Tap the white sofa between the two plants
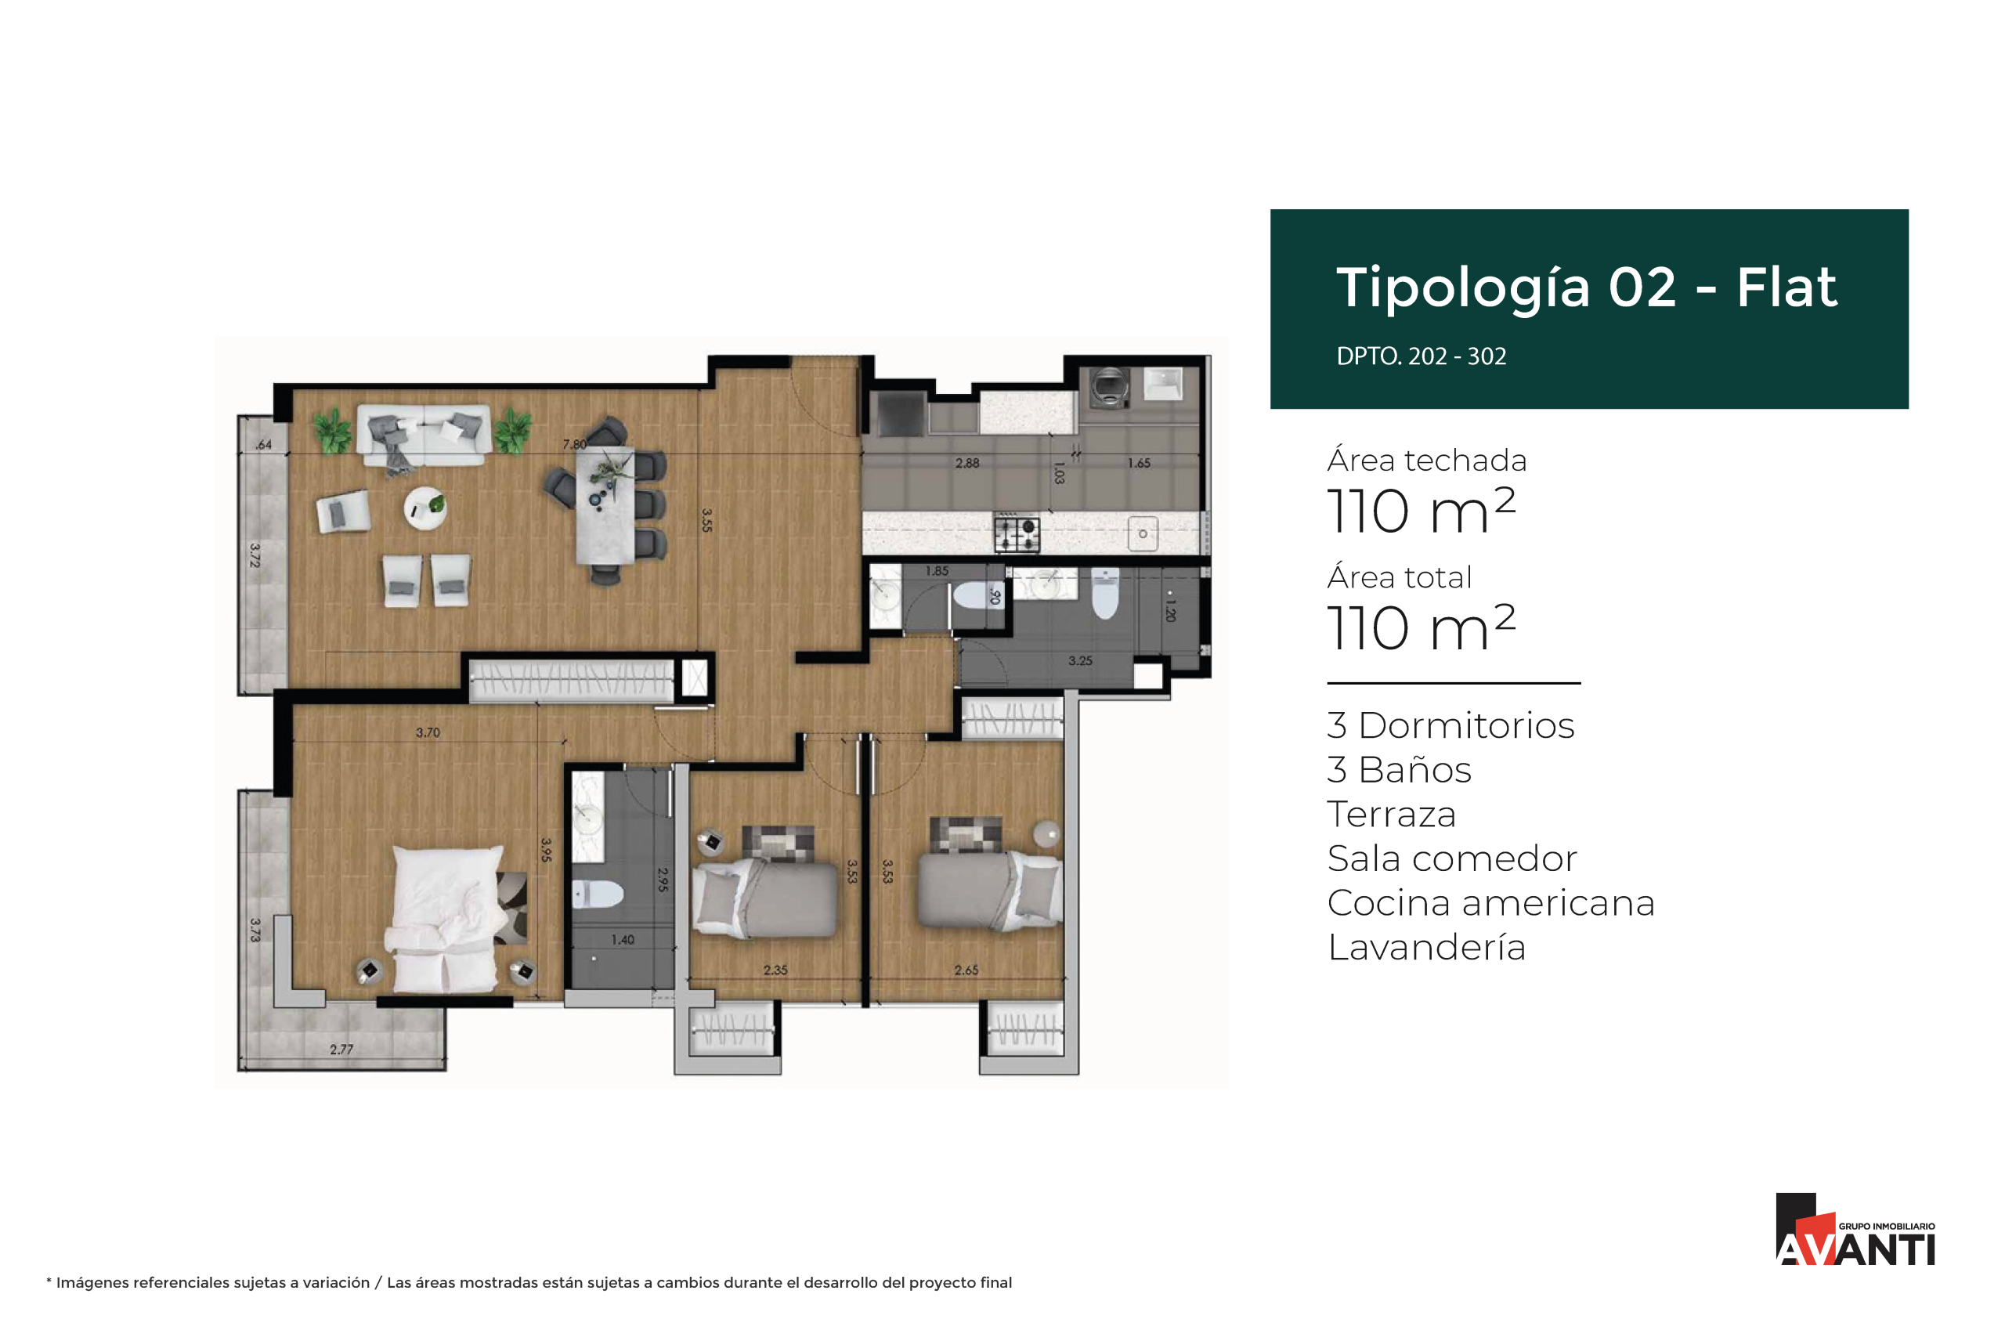(424, 434)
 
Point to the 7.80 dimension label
(574, 444)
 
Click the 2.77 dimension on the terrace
(341, 1050)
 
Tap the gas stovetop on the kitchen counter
(1017, 533)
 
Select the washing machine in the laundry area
(1108, 388)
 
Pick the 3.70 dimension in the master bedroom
(428, 732)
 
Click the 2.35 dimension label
(775, 970)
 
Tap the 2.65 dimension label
(966, 970)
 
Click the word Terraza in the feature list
(1391, 815)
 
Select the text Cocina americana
(1490, 902)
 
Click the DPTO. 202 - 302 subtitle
(1421, 356)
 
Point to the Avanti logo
(1855, 1229)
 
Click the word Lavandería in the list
(1426, 947)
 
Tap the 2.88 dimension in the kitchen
(967, 463)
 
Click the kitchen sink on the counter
(1143, 533)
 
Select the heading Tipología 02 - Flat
(1586, 287)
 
